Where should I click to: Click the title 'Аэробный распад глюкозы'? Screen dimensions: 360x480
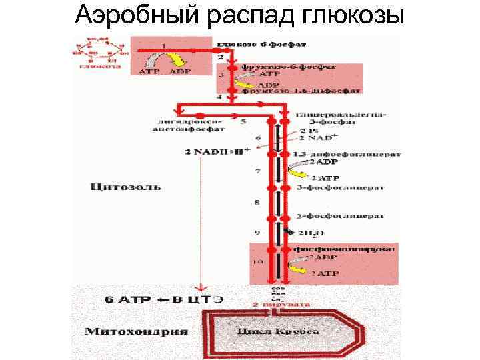pos(239,15)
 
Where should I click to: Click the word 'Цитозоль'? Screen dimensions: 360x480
pos(125,187)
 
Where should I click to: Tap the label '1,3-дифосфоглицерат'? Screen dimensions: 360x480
pos(347,153)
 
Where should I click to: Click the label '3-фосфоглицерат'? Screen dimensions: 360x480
pos(331,187)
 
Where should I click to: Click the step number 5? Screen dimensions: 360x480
pos(243,121)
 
